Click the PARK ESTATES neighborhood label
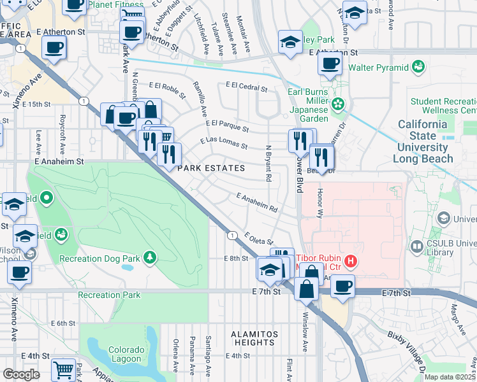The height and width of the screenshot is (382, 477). click(211, 168)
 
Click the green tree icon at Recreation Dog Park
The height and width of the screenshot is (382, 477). click(149, 257)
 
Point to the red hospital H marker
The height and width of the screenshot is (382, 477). click(349, 260)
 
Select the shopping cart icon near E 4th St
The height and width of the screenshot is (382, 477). click(63, 369)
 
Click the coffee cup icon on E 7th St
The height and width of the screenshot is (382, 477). click(343, 286)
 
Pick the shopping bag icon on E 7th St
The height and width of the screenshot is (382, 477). click(307, 288)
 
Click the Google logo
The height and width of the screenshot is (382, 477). click(21, 374)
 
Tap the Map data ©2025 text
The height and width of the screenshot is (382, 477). click(450, 377)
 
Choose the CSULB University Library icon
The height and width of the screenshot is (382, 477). click(417, 245)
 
